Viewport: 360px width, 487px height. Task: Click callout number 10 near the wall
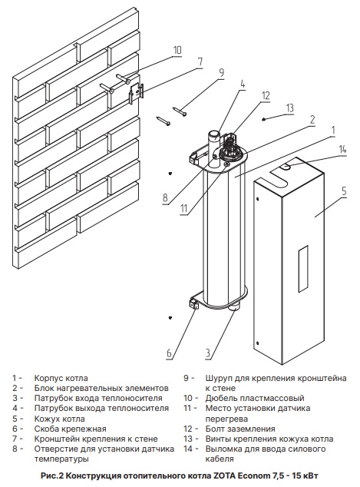pyautogui.click(x=177, y=51)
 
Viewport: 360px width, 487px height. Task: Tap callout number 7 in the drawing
pyautogui.click(x=200, y=61)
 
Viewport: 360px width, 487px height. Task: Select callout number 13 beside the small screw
pyautogui.click(x=289, y=108)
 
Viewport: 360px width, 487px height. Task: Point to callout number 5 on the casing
pyautogui.click(x=344, y=191)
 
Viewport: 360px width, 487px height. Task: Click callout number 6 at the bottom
pyautogui.click(x=169, y=353)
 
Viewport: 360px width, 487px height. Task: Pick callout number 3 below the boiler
pyautogui.click(x=207, y=353)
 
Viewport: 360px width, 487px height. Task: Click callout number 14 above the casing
pyautogui.click(x=342, y=149)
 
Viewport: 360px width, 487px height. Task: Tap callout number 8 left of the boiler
pyautogui.click(x=165, y=197)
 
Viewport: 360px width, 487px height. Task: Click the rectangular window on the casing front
pyautogui.click(x=303, y=269)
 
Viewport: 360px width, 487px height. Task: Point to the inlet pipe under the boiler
pyautogui.click(x=234, y=307)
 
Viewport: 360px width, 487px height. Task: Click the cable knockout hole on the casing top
pyautogui.click(x=286, y=167)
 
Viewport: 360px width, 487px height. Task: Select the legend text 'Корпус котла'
pyautogui.click(x=61, y=378)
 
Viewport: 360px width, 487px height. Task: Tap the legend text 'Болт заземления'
pyautogui.click(x=240, y=429)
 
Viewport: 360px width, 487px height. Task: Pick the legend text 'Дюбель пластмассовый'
pyautogui.click(x=255, y=398)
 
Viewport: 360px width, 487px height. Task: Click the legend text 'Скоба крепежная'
pyautogui.click(x=70, y=429)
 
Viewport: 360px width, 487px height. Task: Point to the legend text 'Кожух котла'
pyautogui.click(x=60, y=419)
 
